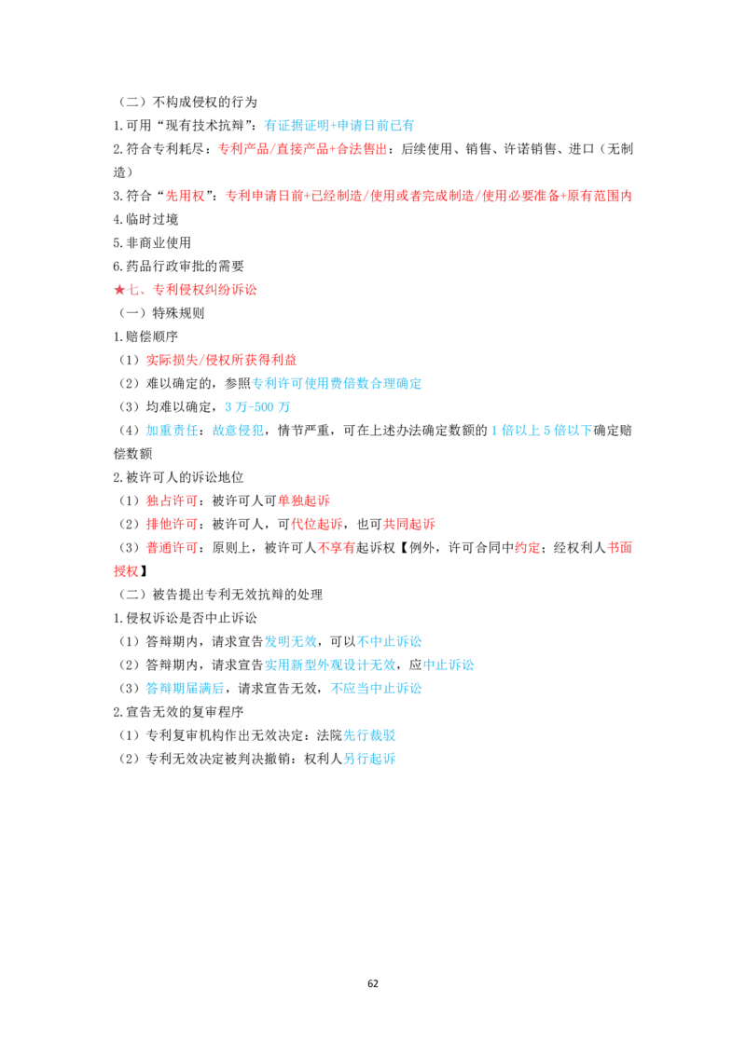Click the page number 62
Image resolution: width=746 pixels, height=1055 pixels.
click(373, 983)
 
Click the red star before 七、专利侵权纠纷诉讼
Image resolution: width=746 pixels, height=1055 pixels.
click(119, 290)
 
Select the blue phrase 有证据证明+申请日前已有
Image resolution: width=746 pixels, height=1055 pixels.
click(339, 125)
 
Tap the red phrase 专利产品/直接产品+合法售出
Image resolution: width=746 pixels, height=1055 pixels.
click(303, 149)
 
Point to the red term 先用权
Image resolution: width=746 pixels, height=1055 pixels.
click(186, 196)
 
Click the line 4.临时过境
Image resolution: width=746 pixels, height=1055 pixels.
click(145, 219)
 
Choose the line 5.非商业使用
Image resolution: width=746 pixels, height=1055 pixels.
click(152, 243)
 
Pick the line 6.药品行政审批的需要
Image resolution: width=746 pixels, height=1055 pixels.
click(178, 267)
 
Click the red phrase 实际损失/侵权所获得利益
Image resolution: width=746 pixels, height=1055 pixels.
click(222, 360)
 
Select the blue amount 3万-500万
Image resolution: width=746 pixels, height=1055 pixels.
click(257, 407)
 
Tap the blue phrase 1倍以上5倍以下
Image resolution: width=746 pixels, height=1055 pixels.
click(542, 431)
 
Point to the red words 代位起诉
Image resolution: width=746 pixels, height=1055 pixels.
click(316, 524)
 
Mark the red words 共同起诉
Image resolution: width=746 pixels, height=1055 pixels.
click(409, 524)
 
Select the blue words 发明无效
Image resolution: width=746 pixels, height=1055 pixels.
click(290, 641)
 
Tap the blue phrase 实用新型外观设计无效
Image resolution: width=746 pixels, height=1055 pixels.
click(330, 665)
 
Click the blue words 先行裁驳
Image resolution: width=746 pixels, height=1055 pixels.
click(369, 735)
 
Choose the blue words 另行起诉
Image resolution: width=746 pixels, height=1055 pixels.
click(369, 759)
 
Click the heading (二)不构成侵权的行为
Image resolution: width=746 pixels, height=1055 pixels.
click(186, 103)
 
